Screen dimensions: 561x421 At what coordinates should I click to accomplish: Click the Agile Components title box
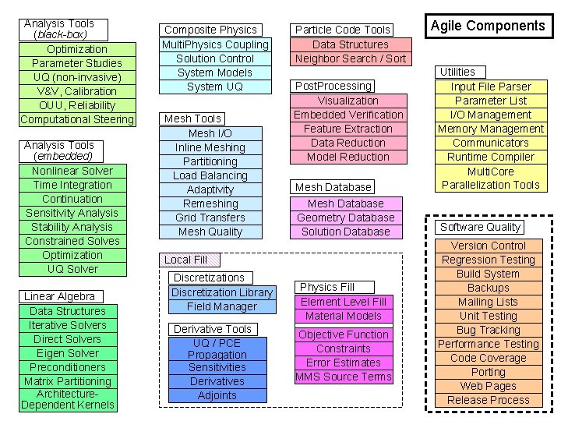click(x=489, y=26)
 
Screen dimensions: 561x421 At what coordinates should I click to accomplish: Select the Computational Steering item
click(x=77, y=119)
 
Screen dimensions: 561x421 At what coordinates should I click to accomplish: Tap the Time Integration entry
click(x=72, y=185)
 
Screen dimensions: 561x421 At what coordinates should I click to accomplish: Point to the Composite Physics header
click(x=210, y=30)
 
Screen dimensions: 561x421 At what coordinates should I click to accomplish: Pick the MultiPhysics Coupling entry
click(x=215, y=44)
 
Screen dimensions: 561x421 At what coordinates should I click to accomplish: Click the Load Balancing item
click(x=210, y=175)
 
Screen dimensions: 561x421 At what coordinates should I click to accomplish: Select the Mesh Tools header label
click(x=192, y=119)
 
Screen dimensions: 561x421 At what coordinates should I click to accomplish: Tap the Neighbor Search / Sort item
click(x=351, y=58)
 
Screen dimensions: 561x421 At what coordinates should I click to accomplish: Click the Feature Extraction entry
click(x=348, y=129)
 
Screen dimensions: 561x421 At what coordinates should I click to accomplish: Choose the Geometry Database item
click(x=346, y=218)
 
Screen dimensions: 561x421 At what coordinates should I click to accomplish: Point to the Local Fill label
click(x=185, y=260)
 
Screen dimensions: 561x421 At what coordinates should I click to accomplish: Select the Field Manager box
click(x=222, y=306)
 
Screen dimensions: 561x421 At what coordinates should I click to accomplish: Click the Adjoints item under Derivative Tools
click(x=217, y=395)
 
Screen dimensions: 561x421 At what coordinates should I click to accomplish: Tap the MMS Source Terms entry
click(x=344, y=377)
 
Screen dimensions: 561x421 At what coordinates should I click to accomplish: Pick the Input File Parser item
click(x=491, y=87)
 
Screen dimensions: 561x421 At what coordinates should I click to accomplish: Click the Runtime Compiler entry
click(x=491, y=157)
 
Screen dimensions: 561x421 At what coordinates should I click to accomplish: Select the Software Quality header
click(x=479, y=227)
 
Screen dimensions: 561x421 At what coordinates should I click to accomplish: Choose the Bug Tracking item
click(x=489, y=330)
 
